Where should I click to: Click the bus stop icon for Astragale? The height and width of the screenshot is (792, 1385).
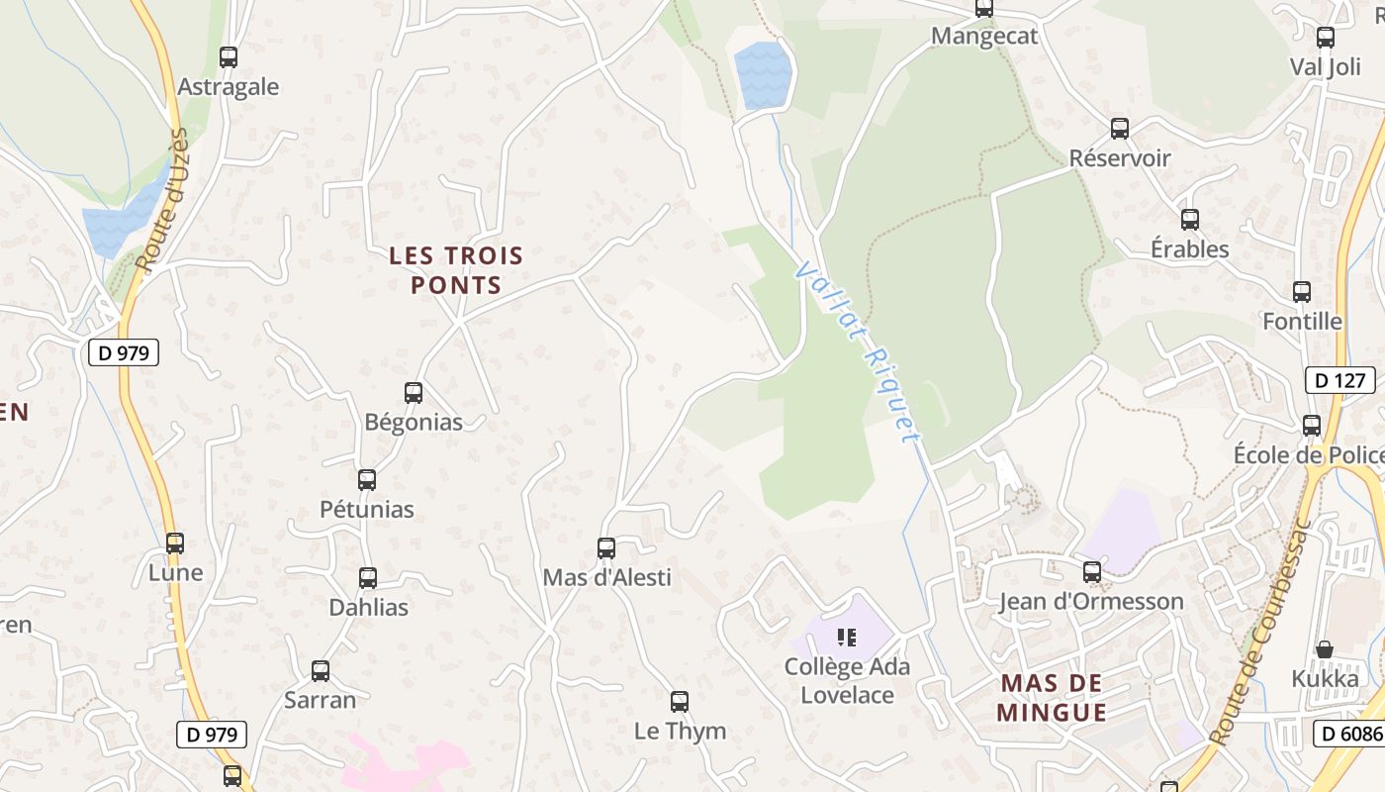click(x=229, y=57)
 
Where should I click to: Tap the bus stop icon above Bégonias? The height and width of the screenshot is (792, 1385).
click(x=414, y=393)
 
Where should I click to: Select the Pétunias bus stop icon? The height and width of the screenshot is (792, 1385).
click(x=367, y=480)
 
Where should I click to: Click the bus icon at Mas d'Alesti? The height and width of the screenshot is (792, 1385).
click(x=606, y=548)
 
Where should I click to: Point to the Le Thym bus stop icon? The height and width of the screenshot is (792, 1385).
click(x=680, y=702)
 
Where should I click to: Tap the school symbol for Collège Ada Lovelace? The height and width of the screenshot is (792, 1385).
click(x=846, y=637)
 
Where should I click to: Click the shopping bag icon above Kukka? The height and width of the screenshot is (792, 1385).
click(x=1325, y=649)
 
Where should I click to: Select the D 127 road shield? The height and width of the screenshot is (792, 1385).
click(x=1340, y=380)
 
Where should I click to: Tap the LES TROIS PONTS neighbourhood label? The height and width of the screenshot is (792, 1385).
click(x=456, y=270)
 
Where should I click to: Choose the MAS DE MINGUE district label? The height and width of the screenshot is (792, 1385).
click(x=1051, y=697)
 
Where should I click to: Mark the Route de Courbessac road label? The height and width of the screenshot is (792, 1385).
click(x=1258, y=634)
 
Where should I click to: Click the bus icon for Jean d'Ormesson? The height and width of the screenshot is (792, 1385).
click(x=1092, y=572)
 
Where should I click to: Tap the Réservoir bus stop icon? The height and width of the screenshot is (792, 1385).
click(x=1120, y=129)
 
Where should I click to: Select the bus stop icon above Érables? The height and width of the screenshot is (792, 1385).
click(x=1190, y=220)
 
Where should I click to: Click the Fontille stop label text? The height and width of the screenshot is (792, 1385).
click(x=1302, y=321)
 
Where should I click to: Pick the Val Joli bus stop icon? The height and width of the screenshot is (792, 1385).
click(x=1326, y=39)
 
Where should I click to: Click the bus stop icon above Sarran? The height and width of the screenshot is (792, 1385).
click(x=321, y=671)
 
